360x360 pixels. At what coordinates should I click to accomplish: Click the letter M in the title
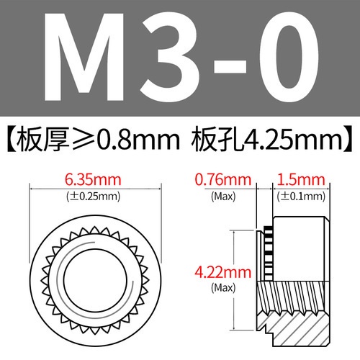[x=94, y=60]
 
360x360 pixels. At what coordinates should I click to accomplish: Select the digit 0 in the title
[x=284, y=60]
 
